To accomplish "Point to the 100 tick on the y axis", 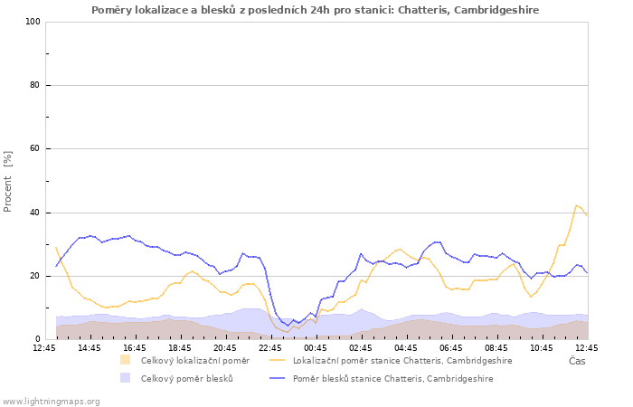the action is (33, 22).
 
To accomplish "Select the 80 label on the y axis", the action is (34, 85).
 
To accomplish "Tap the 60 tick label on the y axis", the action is (34, 148).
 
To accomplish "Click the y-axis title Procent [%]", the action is (7, 181).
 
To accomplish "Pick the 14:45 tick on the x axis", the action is (90, 348).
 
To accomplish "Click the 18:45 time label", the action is (180, 348).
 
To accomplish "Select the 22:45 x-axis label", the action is (270, 348).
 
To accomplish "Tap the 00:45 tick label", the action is (316, 348).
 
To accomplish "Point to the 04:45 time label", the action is (406, 348).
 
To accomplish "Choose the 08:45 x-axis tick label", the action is (496, 348).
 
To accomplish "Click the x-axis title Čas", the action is (577, 361).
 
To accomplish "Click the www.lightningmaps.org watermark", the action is (51, 402).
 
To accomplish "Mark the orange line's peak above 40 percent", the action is (576, 205).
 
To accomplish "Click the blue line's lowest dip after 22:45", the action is (288, 326).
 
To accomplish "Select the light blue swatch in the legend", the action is (125, 378).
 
